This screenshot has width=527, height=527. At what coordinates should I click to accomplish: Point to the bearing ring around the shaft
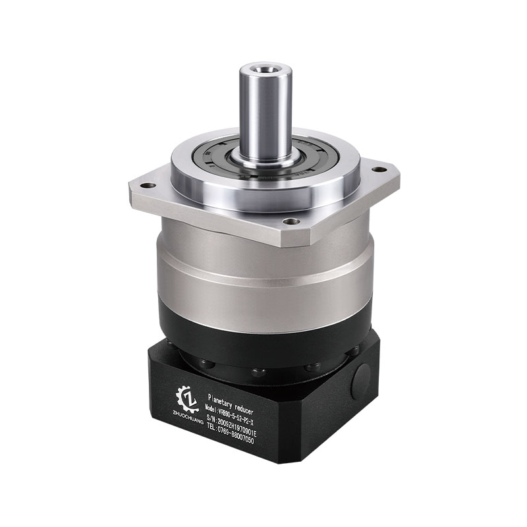[217, 162]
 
